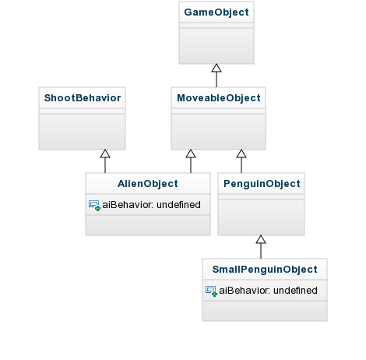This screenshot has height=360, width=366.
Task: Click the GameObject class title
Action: (x=216, y=12)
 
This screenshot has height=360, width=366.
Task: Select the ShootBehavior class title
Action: (x=83, y=98)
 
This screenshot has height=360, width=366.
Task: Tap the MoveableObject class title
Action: (x=219, y=98)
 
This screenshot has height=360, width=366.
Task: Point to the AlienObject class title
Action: (x=148, y=184)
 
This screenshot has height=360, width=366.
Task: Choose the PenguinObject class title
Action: (x=262, y=184)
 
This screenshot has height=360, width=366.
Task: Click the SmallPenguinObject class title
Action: (x=265, y=270)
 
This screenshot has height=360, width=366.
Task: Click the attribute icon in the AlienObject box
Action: (x=94, y=205)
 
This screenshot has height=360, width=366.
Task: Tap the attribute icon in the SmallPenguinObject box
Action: (x=211, y=291)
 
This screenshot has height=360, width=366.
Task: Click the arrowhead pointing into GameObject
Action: (x=216, y=68)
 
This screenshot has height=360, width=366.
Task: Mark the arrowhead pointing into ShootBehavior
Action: (x=105, y=154)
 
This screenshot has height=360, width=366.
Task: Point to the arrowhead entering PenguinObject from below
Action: (x=261, y=239)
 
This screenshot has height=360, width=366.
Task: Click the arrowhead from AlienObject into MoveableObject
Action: (x=191, y=154)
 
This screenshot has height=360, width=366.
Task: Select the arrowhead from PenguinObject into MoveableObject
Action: (x=241, y=154)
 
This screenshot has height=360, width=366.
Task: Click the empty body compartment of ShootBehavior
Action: (x=83, y=132)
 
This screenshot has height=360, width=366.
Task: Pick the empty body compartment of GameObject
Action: (x=216, y=46)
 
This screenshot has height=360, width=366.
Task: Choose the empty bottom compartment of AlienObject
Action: (x=148, y=225)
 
